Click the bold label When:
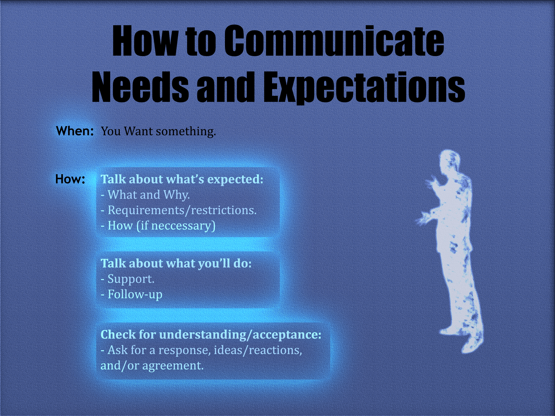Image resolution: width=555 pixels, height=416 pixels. (75, 131)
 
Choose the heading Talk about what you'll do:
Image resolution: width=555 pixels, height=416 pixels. (176, 263)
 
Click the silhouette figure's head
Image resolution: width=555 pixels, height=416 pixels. (450, 161)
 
